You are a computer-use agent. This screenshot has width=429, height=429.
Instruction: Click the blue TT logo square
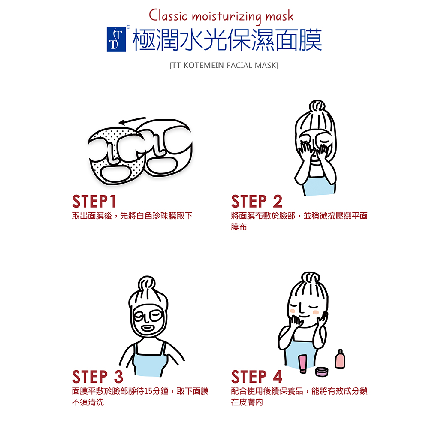click(x=116, y=39)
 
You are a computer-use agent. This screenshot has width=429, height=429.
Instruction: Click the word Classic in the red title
click(x=168, y=15)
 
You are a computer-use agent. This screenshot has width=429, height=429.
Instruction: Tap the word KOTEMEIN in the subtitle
click(x=203, y=66)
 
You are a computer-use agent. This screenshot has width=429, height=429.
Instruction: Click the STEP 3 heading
click(x=98, y=377)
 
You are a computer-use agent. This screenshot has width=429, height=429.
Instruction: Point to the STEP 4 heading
click(x=257, y=377)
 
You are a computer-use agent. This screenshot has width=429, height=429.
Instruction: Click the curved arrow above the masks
click(x=132, y=121)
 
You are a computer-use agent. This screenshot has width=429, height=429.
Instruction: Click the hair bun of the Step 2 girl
click(x=317, y=106)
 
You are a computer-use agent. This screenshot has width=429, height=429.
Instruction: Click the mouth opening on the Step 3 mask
click(x=147, y=328)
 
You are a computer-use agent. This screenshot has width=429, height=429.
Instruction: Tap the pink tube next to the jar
click(x=302, y=364)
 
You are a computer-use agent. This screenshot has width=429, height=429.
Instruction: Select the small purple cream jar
click(x=321, y=372)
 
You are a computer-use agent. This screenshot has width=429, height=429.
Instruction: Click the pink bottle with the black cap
click(x=340, y=359)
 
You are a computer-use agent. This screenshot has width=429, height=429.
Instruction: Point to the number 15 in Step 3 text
click(x=148, y=391)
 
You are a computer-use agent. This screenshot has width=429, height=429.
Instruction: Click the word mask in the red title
click(x=279, y=16)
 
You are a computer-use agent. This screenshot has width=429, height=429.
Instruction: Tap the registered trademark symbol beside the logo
click(x=128, y=27)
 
